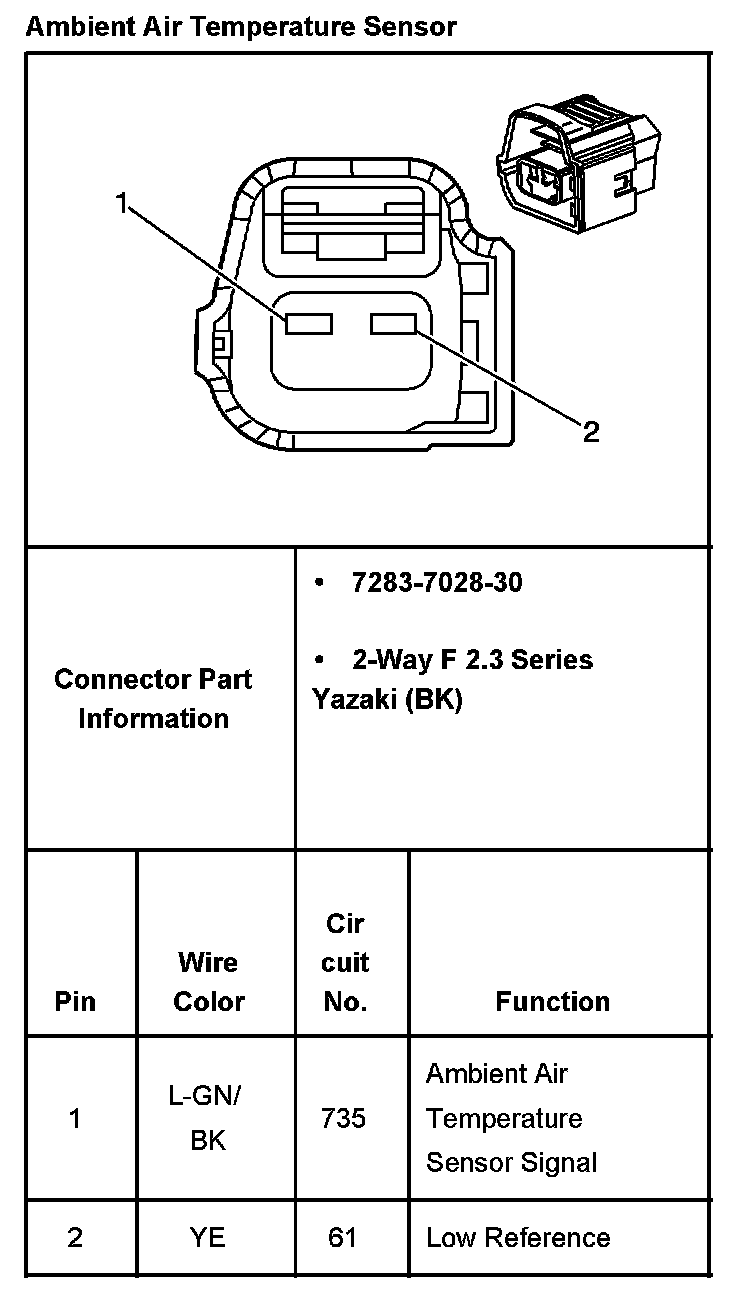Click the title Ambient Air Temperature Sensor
240,26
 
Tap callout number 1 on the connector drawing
122,204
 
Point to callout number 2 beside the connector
591,431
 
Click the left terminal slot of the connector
308,324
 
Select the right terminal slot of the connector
393,324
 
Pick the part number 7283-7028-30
436,582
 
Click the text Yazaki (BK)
387,700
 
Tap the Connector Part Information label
153,699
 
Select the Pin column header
75,1001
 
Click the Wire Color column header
209,982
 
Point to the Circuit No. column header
345,962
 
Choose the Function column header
552,1001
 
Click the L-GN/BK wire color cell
208,1117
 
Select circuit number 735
343,1118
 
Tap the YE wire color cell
208,1237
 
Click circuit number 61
342,1237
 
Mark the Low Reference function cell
518,1237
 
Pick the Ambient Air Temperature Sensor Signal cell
511,1118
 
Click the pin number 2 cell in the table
75,1237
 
